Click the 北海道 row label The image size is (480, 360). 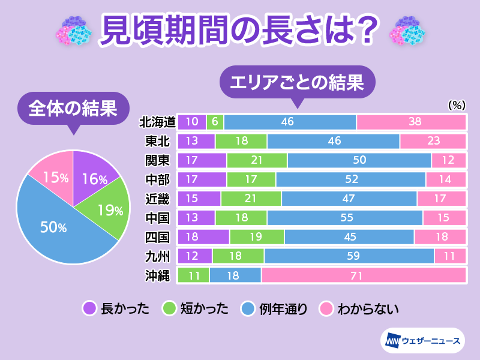click(x=157, y=122)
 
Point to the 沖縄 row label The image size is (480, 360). click(x=157, y=275)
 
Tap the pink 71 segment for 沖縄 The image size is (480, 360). click(x=364, y=275)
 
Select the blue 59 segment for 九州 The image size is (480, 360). click(x=349, y=256)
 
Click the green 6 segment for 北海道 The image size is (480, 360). click(x=215, y=122)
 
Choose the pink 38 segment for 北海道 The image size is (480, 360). click(x=411, y=122)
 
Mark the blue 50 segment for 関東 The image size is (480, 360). click(x=359, y=161)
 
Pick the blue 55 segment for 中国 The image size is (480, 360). click(x=345, y=218)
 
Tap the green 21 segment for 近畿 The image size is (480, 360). click(x=251, y=199)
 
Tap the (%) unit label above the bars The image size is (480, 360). click(x=457, y=104)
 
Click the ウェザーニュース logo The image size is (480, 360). click(x=422, y=341)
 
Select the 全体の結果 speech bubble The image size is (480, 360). click(x=73, y=110)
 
